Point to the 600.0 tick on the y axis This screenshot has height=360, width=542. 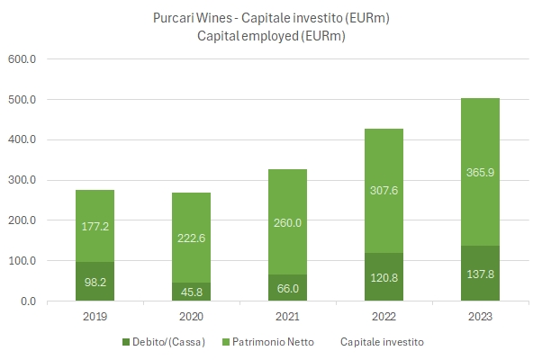pyautogui.click(x=22, y=59)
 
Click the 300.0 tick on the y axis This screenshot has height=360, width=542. pyautogui.click(x=22, y=180)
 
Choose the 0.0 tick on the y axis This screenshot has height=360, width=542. pyautogui.click(x=27, y=301)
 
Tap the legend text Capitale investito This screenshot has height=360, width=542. pyautogui.click(x=382, y=342)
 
